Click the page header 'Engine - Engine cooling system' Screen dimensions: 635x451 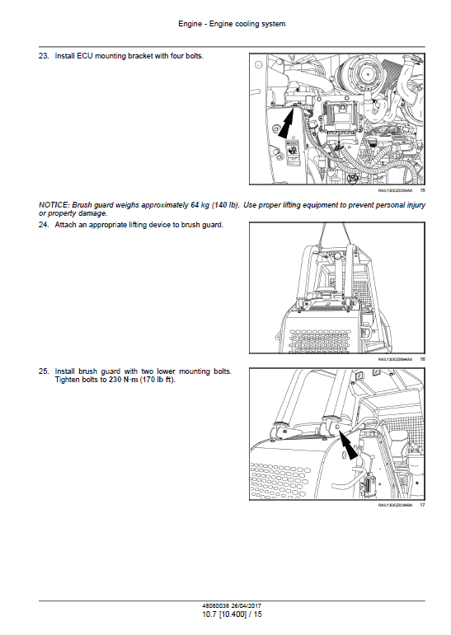coord(225,24)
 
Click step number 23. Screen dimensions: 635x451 coord(45,56)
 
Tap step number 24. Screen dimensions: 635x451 coord(45,225)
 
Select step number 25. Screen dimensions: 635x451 coord(45,371)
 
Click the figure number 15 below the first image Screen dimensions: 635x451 coord(422,190)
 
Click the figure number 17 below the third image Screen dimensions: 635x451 coord(422,505)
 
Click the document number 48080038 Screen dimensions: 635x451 coord(207,608)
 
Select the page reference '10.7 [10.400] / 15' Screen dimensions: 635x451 coord(225,615)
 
